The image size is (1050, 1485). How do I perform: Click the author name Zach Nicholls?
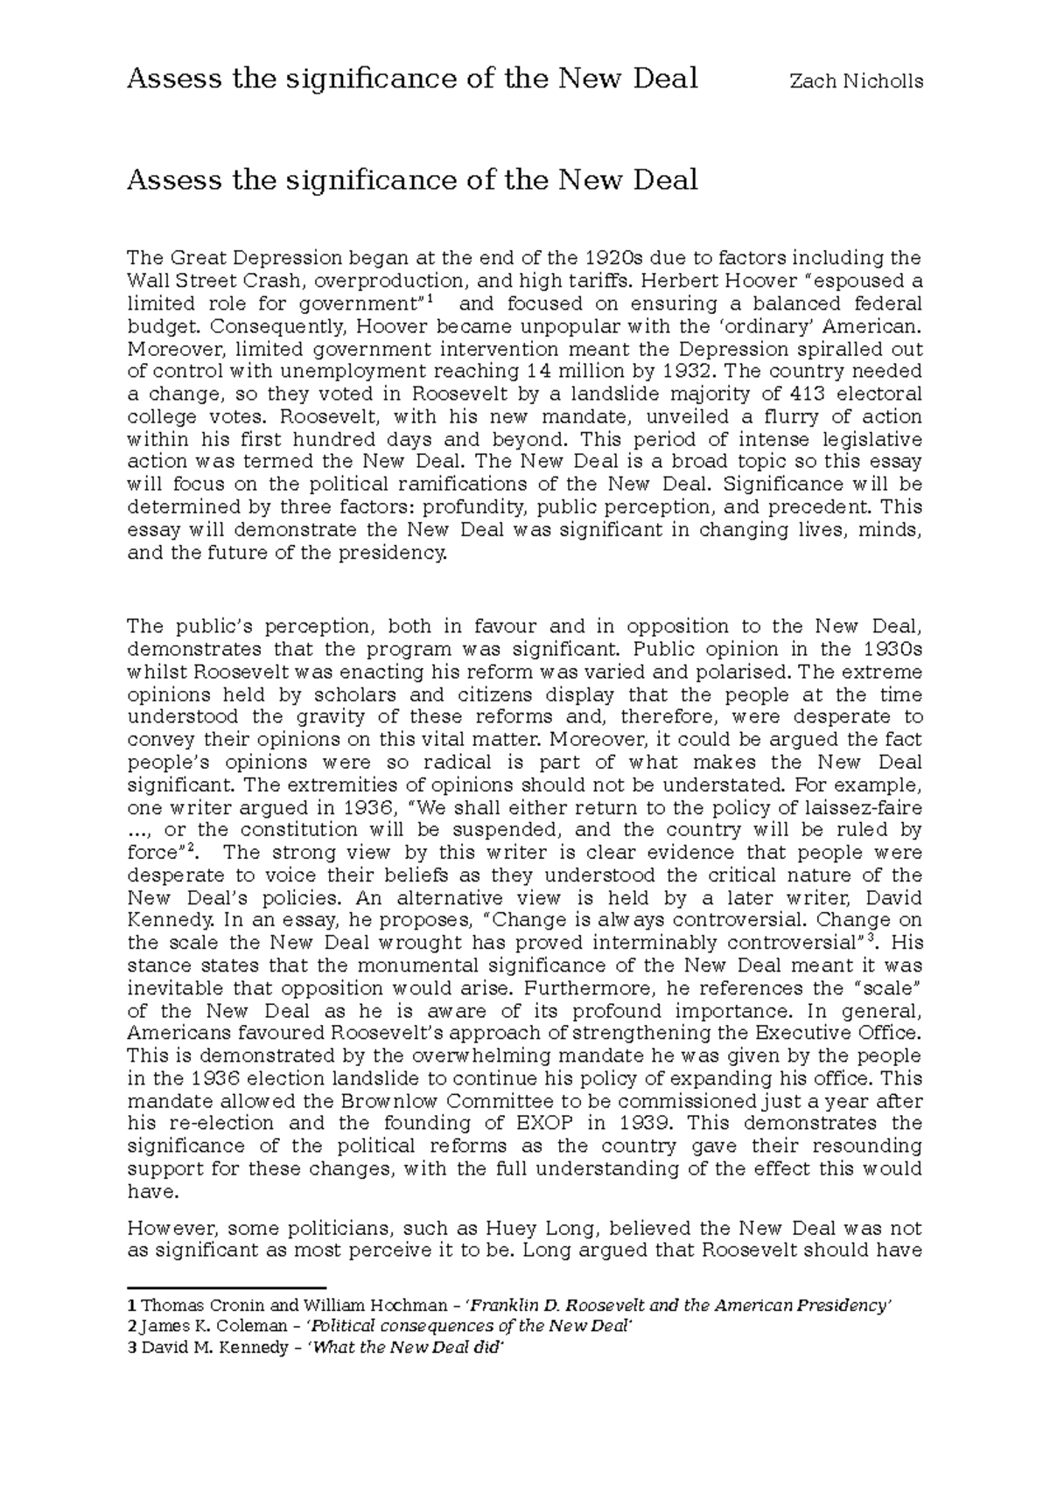click(x=856, y=81)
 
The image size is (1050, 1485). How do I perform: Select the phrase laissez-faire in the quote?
click(x=862, y=807)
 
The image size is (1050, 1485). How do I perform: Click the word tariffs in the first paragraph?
click(x=600, y=282)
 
